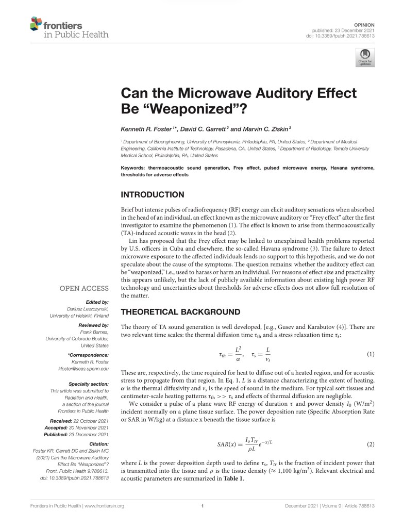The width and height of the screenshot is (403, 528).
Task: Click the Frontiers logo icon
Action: click(36, 24)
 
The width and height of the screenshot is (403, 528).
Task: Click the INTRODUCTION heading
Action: click(152, 195)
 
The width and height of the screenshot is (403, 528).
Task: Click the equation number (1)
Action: click(370, 355)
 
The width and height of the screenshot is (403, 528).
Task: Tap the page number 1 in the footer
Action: click(202, 506)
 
